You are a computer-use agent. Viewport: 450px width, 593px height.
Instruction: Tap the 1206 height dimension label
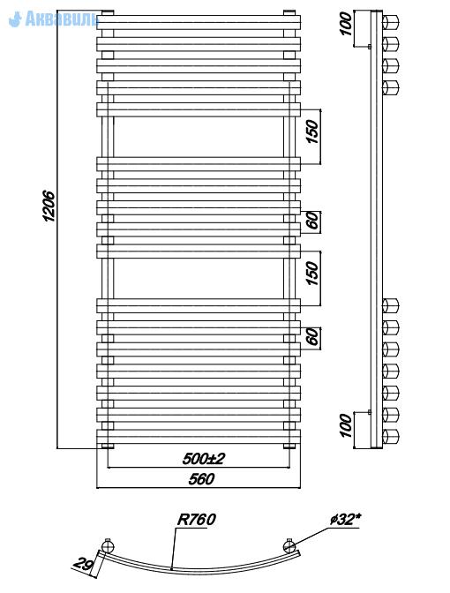[x=49, y=206]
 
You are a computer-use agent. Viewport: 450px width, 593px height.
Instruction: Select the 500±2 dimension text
[x=204, y=458]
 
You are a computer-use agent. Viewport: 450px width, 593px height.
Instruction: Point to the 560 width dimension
[x=201, y=479]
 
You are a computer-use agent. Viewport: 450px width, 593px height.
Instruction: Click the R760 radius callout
[x=196, y=519]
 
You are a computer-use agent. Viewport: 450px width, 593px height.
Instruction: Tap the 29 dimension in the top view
[x=83, y=564]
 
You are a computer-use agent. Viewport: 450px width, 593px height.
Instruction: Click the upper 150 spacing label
[x=312, y=131]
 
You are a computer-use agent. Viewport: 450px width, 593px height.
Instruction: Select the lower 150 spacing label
[x=312, y=274]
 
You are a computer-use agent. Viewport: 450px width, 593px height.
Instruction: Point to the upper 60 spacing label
[x=312, y=221]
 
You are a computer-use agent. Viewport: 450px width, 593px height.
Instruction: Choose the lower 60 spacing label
[x=312, y=336]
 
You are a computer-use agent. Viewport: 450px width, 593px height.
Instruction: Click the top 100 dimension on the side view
[x=346, y=24]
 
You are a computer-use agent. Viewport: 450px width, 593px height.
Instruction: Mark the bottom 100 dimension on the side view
[x=346, y=425]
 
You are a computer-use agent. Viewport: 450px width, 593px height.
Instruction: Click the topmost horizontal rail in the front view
[x=199, y=22]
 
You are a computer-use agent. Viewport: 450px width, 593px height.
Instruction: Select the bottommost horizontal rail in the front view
[x=199, y=437]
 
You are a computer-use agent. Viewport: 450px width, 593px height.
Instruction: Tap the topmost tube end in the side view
[x=391, y=22]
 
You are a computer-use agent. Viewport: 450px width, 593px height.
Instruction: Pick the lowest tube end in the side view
[x=391, y=437]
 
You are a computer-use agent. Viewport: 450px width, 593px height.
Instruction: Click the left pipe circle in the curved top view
[x=108, y=545]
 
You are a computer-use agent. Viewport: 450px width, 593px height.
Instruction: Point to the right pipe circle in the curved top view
[x=289, y=545]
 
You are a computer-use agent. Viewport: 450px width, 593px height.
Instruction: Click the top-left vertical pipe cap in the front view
[x=108, y=13]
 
